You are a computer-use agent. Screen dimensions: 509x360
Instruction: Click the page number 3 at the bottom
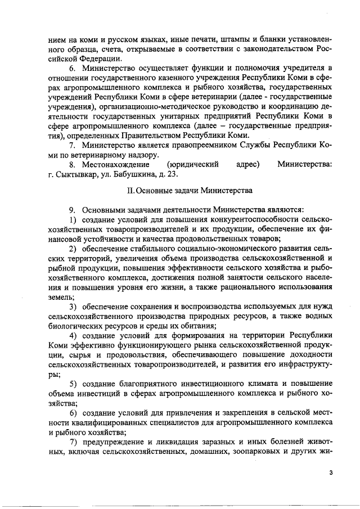coord(331,473)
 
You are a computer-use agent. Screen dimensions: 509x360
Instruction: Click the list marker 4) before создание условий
coord(74,336)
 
